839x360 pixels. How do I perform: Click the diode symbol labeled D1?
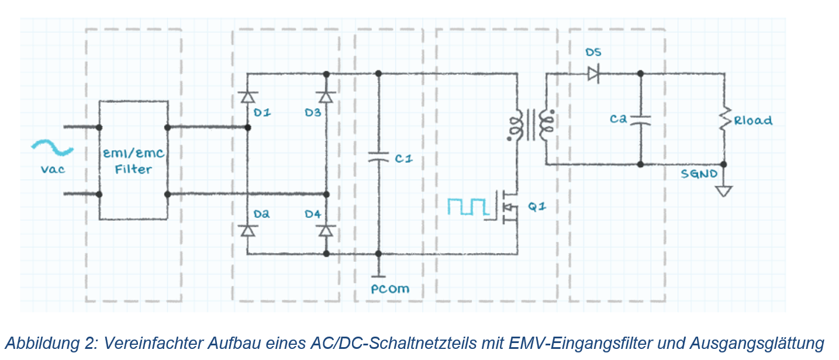(247, 97)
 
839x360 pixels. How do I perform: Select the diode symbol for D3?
(326, 97)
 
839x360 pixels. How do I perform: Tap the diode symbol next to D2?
(247, 230)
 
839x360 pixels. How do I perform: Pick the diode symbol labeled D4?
(326, 230)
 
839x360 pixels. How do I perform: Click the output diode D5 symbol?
(593, 74)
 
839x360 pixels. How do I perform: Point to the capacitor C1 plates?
(378, 157)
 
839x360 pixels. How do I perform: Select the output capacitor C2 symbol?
(640, 120)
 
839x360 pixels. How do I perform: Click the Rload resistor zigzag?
(726, 119)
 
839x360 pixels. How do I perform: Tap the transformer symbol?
(531, 125)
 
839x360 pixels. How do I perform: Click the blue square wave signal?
(468, 206)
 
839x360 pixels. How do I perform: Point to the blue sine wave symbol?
(52, 147)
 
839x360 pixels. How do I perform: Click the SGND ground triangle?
(724, 191)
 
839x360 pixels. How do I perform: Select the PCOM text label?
(390, 289)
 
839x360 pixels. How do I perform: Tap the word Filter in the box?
(133, 169)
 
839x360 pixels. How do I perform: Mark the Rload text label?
(753, 120)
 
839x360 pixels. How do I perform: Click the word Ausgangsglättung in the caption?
(757, 344)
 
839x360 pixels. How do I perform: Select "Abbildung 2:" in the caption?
(51, 343)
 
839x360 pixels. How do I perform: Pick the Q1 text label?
(537, 206)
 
